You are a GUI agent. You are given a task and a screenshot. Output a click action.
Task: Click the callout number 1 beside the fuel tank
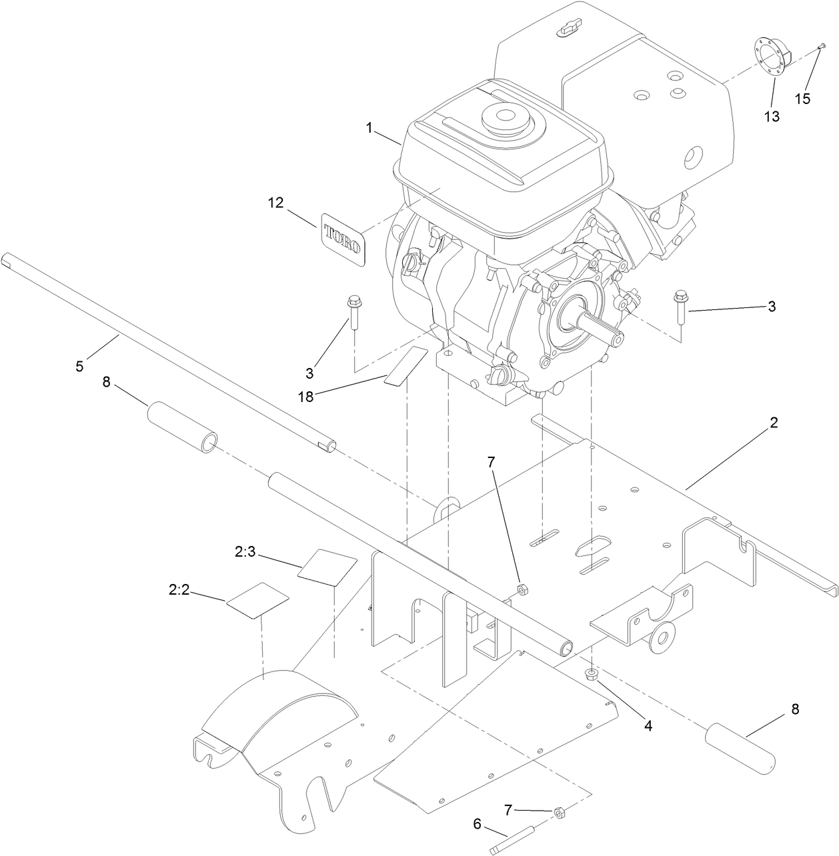(369, 128)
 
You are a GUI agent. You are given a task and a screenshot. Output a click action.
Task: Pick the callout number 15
(802, 98)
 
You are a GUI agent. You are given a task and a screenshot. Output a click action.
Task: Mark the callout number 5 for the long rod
(80, 366)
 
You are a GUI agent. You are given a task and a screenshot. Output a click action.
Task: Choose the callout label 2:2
(181, 589)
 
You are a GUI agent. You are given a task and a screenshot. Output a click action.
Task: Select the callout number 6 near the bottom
(477, 825)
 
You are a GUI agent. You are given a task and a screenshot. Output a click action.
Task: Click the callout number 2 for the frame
(774, 423)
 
